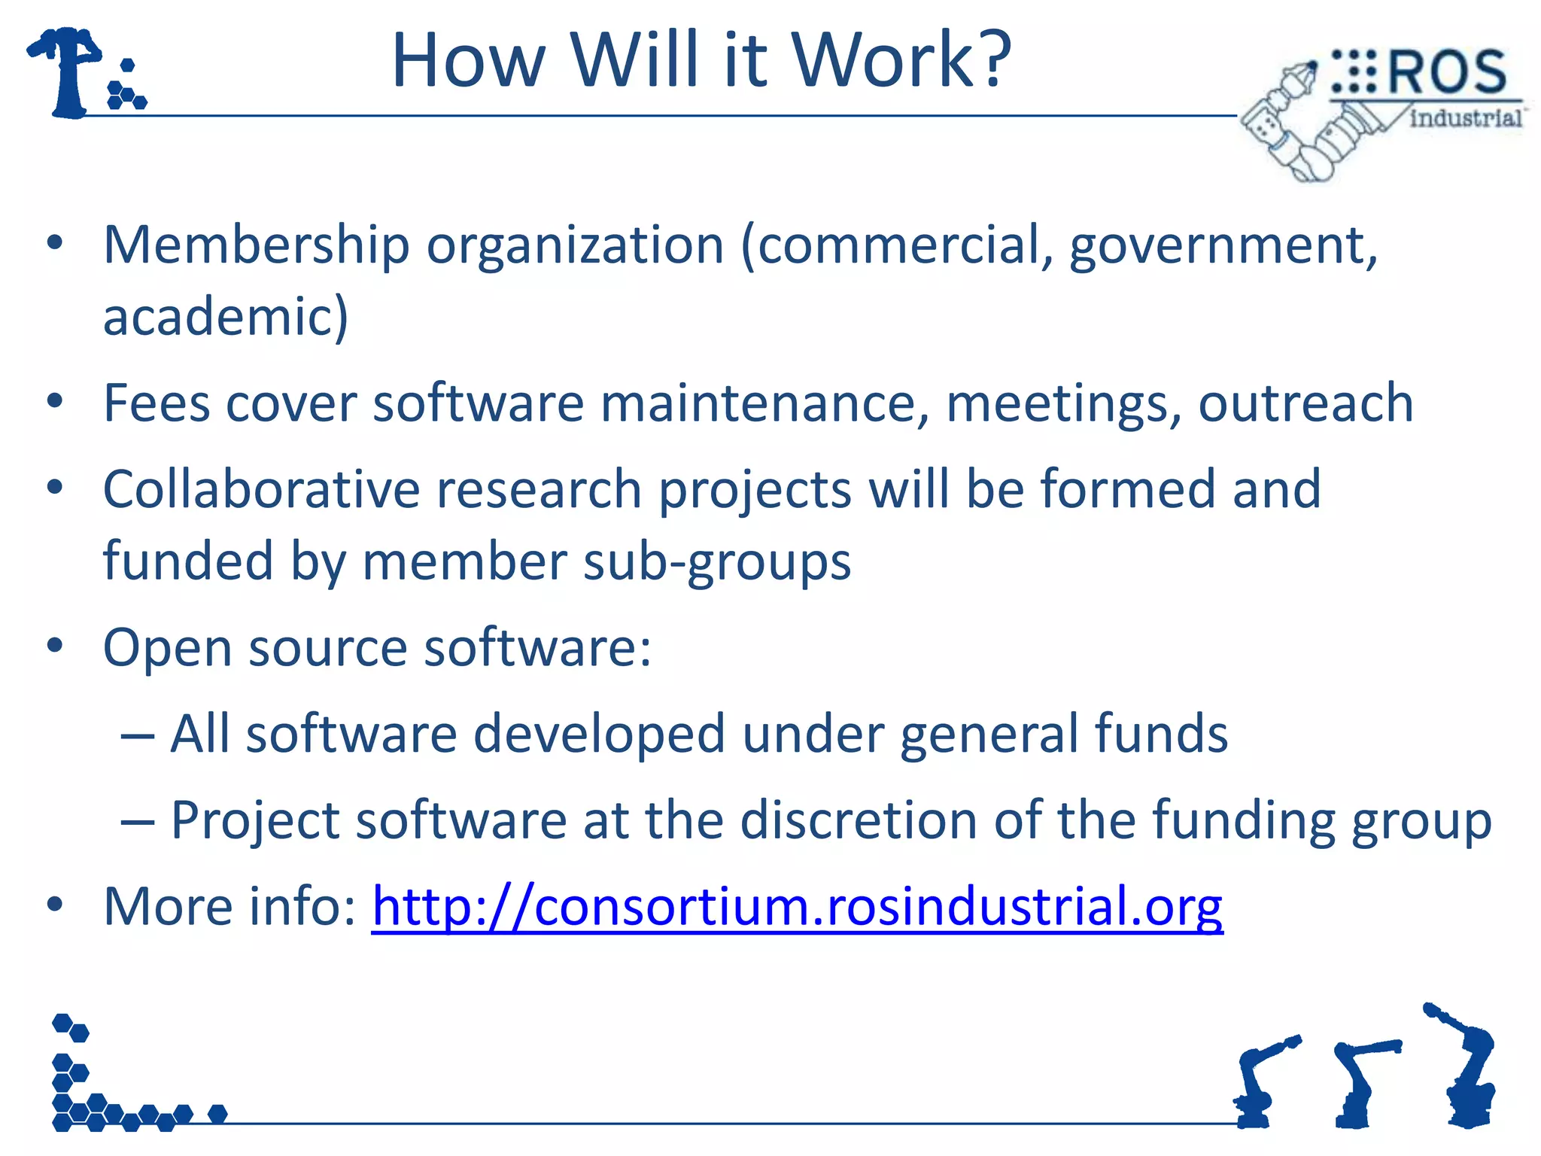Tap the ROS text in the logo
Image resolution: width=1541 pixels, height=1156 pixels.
tap(1445, 73)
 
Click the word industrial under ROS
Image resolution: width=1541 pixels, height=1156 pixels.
tap(1465, 118)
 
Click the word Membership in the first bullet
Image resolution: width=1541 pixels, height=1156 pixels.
tap(256, 246)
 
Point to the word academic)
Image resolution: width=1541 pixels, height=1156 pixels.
tap(225, 317)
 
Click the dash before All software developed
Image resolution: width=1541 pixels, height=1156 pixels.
tap(137, 735)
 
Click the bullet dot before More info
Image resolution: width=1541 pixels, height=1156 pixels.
tap(54, 905)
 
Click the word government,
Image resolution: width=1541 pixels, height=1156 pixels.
tap(1223, 246)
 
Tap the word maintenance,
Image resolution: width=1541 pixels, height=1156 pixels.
tap(764, 403)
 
